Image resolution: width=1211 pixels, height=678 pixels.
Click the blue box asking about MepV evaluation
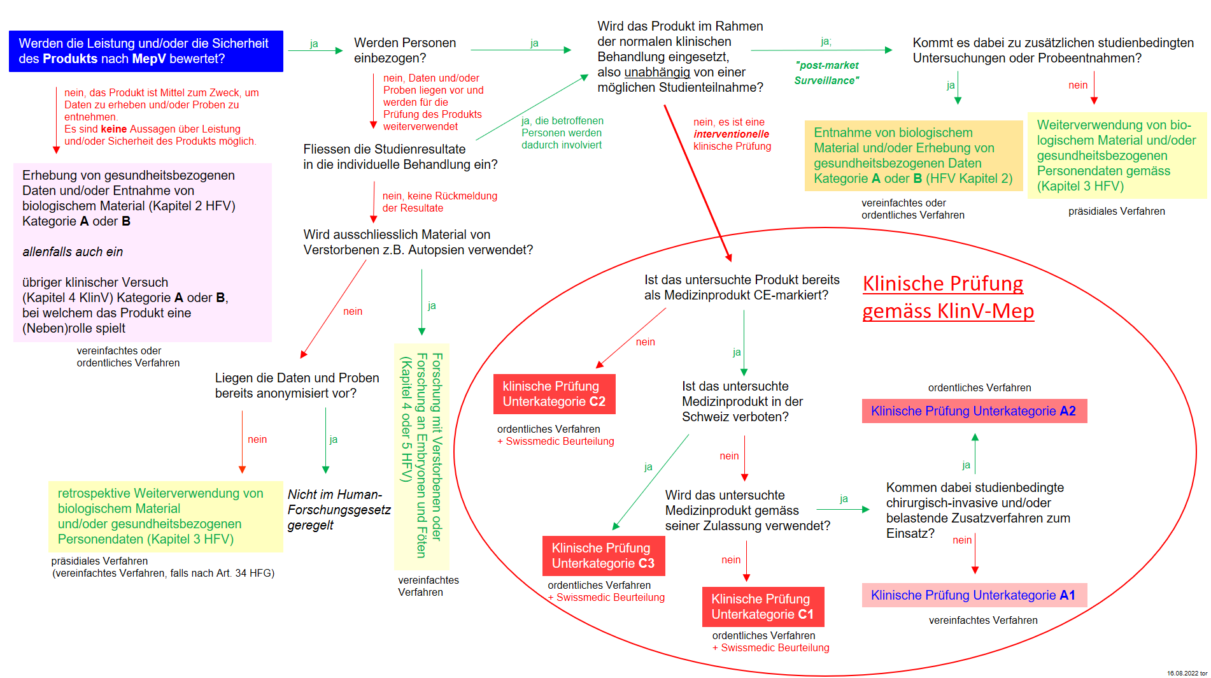pyautogui.click(x=146, y=51)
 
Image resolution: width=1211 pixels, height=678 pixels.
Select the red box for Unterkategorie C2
pyautogui.click(x=554, y=394)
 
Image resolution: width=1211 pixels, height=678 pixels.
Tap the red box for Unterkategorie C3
pyautogui.click(x=603, y=556)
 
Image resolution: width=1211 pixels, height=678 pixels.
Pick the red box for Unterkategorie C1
pyautogui.click(x=762, y=607)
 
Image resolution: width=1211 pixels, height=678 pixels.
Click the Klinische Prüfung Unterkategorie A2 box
pyautogui.click(x=974, y=411)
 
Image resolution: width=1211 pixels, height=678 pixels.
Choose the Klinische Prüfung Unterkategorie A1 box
pyautogui.click(x=974, y=595)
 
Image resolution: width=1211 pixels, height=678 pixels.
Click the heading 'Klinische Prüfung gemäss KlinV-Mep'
pyautogui.click(x=947, y=297)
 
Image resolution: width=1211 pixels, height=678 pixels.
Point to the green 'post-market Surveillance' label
pyautogui.click(x=826, y=73)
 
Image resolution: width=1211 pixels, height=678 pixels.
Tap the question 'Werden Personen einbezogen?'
pyautogui.click(x=405, y=50)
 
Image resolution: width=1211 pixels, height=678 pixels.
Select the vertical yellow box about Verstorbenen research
pyautogui.click(x=421, y=456)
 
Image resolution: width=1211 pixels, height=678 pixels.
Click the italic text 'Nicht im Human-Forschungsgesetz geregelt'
pyautogui.click(x=338, y=510)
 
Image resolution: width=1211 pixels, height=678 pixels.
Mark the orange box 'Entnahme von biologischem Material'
pyautogui.click(x=913, y=155)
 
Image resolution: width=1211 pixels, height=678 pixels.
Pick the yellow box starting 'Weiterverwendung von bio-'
pyautogui.click(x=1116, y=155)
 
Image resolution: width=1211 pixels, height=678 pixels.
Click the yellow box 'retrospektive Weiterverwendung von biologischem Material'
pyautogui.click(x=166, y=516)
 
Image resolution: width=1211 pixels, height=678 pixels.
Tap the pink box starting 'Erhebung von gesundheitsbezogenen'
pyautogui.click(x=143, y=252)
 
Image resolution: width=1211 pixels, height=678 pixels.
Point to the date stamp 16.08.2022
pyautogui.click(x=1186, y=673)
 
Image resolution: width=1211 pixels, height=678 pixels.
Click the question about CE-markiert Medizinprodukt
pyautogui.click(x=741, y=287)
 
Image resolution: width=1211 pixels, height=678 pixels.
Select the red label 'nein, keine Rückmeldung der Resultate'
pyautogui.click(x=439, y=202)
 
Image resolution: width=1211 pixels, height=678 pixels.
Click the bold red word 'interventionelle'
pyautogui.click(x=731, y=134)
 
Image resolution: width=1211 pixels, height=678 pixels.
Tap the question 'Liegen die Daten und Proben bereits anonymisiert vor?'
pyautogui.click(x=297, y=386)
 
